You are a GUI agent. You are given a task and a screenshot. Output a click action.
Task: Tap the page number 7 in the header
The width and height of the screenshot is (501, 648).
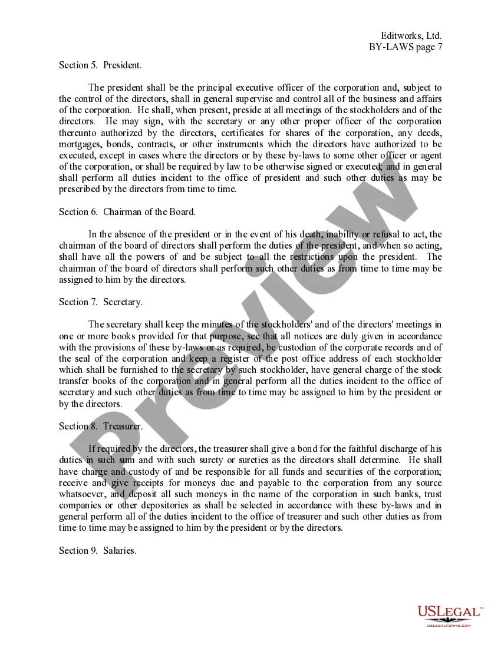pyautogui.click(x=439, y=48)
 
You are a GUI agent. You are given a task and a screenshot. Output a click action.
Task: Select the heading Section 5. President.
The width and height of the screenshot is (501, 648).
pyautogui.click(x=100, y=65)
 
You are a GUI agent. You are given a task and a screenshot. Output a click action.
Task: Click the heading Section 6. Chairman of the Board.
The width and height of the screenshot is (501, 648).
pyautogui.click(x=127, y=211)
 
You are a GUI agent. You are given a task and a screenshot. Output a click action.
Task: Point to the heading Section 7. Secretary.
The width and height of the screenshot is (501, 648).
pyautogui.click(x=100, y=302)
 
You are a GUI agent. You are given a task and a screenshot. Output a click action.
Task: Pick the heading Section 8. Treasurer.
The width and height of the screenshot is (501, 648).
pyautogui.click(x=101, y=426)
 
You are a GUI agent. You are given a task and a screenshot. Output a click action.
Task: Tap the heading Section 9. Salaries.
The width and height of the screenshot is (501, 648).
pyautogui.click(x=98, y=551)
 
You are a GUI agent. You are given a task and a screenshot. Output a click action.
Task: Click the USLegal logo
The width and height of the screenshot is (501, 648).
pyautogui.click(x=449, y=616)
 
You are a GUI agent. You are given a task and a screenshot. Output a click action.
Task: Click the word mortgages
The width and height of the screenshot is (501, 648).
pyautogui.click(x=80, y=144)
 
